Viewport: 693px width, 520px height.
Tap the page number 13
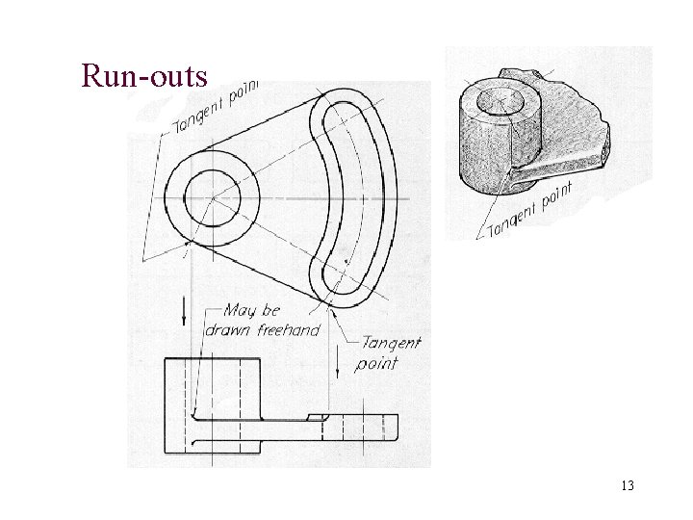pos(628,486)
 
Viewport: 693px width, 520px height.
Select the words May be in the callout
pos(251,310)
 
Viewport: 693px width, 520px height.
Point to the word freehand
pos(290,328)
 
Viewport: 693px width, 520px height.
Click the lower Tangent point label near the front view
pos(389,352)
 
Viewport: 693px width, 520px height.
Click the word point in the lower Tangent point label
pos(376,364)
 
